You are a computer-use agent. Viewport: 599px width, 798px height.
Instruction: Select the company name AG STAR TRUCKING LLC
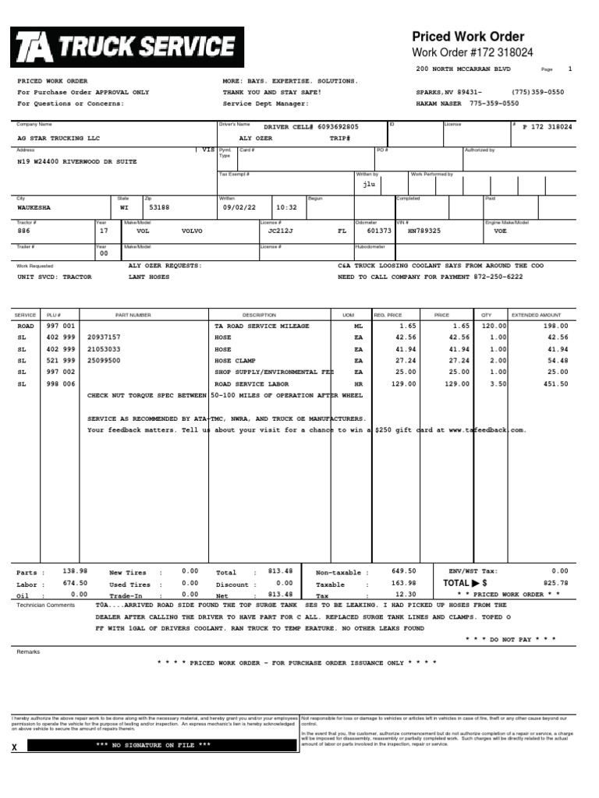(58, 137)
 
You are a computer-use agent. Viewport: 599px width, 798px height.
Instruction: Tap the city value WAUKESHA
(34, 209)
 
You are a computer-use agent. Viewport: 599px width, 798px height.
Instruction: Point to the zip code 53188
(159, 209)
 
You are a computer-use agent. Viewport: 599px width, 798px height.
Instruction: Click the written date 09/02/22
(239, 208)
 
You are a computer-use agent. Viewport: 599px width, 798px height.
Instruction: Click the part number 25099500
(104, 361)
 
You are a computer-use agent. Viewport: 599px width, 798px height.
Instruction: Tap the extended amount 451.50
(555, 384)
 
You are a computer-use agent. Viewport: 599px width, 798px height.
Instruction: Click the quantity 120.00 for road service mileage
(493, 326)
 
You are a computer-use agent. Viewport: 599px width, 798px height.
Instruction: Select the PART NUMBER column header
(133, 315)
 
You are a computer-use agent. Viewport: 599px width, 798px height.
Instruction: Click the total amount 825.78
(555, 582)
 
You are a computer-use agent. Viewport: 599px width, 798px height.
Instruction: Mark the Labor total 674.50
(75, 583)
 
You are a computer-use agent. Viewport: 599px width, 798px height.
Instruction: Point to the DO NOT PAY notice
(510, 638)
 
